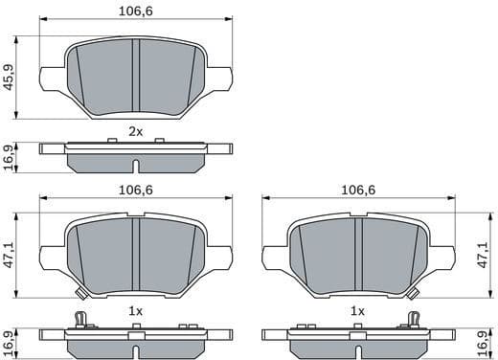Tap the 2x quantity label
pyautogui.click(x=135, y=131)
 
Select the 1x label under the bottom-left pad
pyautogui.click(x=135, y=311)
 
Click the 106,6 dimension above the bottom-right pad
pyautogui.click(x=357, y=189)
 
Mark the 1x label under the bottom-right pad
pyautogui.click(x=357, y=311)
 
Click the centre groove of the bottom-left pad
pyautogui.click(x=135, y=255)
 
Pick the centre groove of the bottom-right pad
pyautogui.click(x=357, y=255)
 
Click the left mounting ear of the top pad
pyautogui.click(x=50, y=78)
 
